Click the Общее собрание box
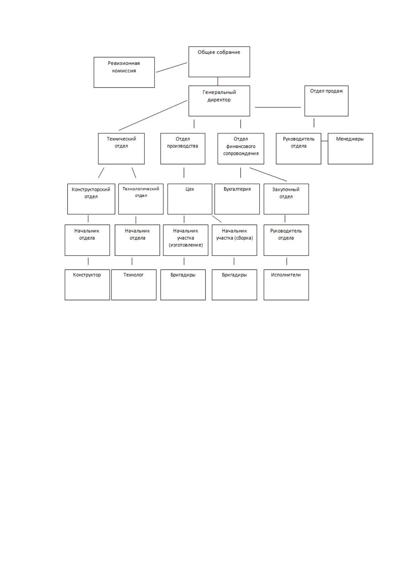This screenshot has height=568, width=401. point(219,62)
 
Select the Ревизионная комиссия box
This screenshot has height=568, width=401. point(124,72)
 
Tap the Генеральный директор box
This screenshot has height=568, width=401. point(219,101)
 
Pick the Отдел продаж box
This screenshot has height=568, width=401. point(326,101)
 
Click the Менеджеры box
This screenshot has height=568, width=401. point(350,149)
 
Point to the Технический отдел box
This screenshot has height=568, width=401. point(121,149)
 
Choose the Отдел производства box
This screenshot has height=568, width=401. point(183,149)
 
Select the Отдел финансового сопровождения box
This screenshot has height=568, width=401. point(241,149)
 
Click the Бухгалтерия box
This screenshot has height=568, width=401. point(237,199)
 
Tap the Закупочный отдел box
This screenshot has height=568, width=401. point(286,199)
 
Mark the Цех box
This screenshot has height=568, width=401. point(190,199)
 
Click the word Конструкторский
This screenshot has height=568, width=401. point(91,190)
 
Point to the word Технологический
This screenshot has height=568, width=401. point(141,189)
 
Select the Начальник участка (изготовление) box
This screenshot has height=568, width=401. point(186,240)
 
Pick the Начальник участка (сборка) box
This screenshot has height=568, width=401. point(234,240)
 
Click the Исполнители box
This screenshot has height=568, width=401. point(286,285)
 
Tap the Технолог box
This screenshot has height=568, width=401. point(134,285)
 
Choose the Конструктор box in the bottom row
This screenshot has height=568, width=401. point(87,285)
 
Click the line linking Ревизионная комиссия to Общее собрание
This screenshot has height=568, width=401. point(171,67)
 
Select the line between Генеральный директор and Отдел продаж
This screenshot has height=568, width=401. point(278,107)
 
